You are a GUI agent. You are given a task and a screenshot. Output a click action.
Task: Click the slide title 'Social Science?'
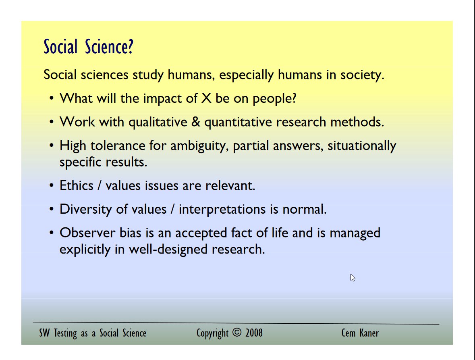89,47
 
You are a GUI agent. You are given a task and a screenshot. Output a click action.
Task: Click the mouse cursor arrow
353,278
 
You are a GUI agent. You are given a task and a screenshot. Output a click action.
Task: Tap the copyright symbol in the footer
237,332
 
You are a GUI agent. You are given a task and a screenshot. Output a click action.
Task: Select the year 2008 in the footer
254,333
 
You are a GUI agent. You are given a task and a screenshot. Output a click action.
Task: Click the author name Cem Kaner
360,333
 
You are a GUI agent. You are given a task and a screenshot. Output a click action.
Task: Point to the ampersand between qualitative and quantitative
196,122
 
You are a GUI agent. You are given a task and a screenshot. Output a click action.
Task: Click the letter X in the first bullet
206,98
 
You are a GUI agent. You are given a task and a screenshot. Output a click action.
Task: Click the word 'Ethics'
76,185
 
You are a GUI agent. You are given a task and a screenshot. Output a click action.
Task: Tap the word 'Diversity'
86,210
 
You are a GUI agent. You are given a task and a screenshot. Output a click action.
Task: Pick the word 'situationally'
362,146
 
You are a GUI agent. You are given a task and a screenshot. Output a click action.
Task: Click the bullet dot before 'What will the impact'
52,98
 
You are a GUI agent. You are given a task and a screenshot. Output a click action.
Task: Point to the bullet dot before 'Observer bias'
52,233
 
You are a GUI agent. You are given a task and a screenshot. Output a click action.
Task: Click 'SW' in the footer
44,333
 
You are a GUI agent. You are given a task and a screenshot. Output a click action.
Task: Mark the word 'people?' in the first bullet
274,99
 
